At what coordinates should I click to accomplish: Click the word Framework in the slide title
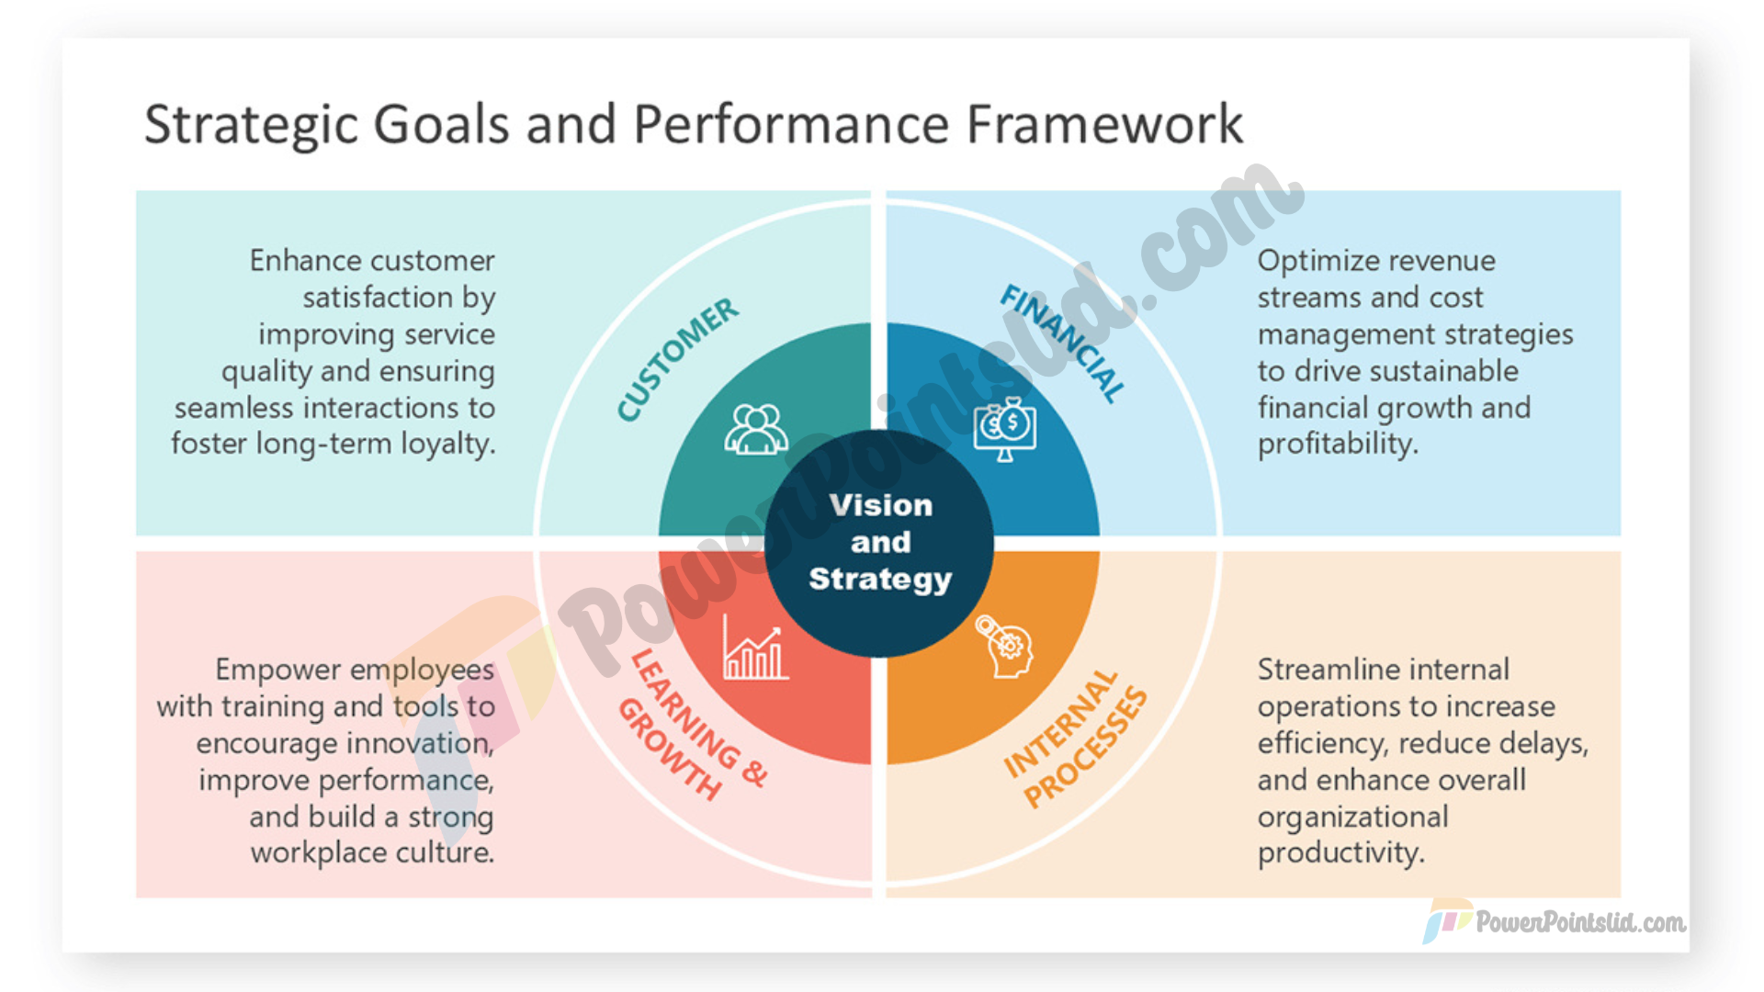click(1104, 124)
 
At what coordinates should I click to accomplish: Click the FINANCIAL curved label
click(1063, 343)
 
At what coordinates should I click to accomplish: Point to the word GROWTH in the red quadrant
click(668, 750)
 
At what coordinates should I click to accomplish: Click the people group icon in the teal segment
click(755, 430)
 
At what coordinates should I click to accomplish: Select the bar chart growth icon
click(755, 648)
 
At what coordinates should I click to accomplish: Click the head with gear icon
click(1004, 646)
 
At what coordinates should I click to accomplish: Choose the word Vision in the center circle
click(880, 505)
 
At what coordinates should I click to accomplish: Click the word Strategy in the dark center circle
click(880, 581)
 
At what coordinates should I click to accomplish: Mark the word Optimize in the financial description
click(1317, 262)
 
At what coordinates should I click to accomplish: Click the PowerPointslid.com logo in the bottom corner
click(1555, 921)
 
